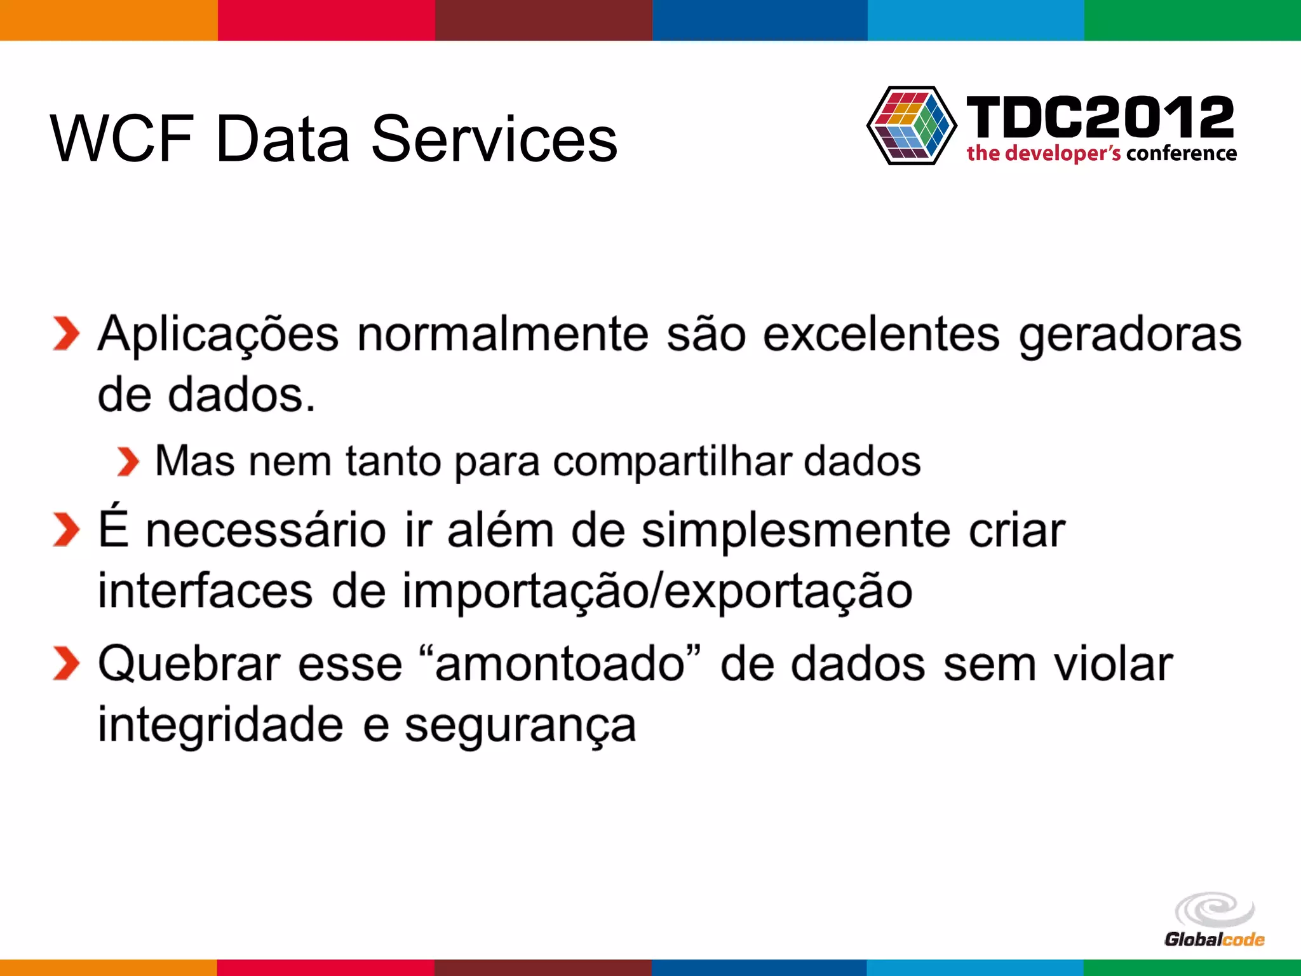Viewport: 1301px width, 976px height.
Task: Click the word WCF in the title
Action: pyautogui.click(x=121, y=139)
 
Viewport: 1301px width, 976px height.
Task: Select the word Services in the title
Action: pyautogui.click(x=494, y=139)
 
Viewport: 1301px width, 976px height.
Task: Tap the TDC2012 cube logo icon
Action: pyautogui.click(x=912, y=125)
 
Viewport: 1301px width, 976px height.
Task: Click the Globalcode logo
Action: pyautogui.click(x=1214, y=920)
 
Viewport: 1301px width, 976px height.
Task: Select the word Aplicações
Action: pyautogui.click(x=218, y=335)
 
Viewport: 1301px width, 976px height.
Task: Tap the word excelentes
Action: pyautogui.click(x=880, y=335)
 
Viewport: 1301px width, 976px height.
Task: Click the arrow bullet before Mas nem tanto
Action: pyautogui.click(x=128, y=462)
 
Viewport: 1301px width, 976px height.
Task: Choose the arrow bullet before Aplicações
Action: pyautogui.click(x=66, y=334)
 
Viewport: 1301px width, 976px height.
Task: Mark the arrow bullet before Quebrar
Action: pyautogui.click(x=66, y=663)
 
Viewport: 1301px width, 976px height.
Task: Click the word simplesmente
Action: pyautogui.click(x=795, y=531)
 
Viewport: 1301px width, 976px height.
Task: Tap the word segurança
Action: pyautogui.click(x=520, y=726)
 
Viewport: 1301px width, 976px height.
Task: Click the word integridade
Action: pyautogui.click(x=220, y=726)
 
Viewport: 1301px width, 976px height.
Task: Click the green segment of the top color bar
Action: pyautogui.click(x=1192, y=20)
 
